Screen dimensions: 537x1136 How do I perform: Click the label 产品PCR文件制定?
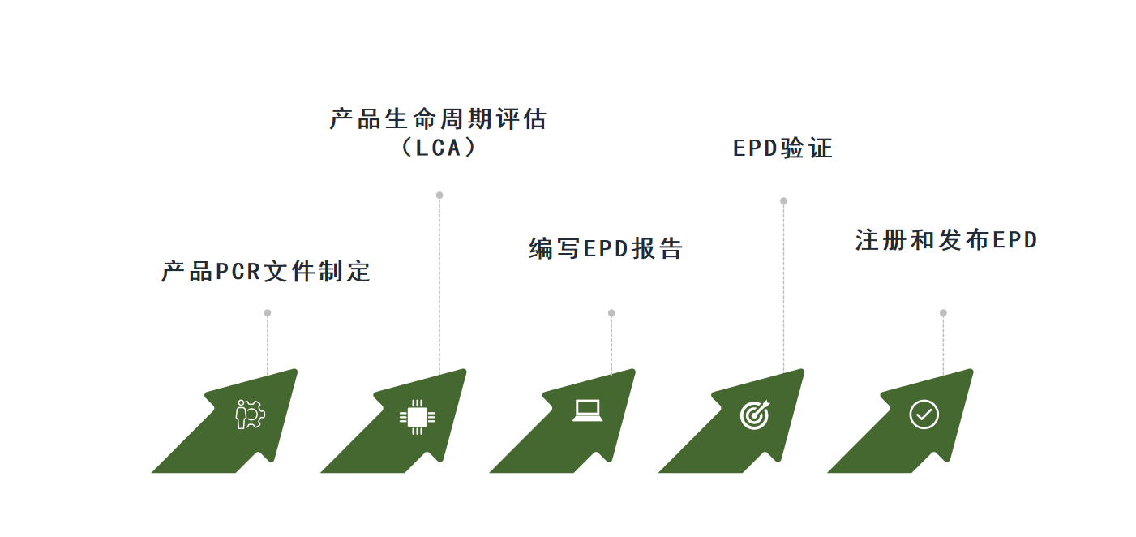point(266,271)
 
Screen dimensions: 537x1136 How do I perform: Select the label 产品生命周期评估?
point(439,119)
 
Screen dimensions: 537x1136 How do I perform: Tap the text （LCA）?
point(439,148)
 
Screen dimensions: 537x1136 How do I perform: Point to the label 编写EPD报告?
point(606,248)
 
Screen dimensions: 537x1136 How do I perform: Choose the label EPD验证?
point(782,148)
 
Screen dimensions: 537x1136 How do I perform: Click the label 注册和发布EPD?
point(946,240)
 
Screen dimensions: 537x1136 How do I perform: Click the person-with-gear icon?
point(250,415)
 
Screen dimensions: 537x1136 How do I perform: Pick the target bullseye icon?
point(755,415)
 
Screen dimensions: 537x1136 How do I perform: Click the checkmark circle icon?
point(924,415)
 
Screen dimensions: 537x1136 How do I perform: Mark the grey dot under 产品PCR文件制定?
point(268,313)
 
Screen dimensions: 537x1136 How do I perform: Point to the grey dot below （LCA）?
point(439,195)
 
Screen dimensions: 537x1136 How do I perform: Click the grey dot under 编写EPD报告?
point(611,313)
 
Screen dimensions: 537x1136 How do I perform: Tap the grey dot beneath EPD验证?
point(783,201)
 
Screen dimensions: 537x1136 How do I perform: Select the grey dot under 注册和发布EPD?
point(943,313)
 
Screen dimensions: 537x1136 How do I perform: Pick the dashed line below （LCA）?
point(439,284)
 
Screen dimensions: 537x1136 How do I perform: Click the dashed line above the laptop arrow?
point(611,345)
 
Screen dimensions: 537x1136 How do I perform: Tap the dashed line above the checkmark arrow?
point(943,345)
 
